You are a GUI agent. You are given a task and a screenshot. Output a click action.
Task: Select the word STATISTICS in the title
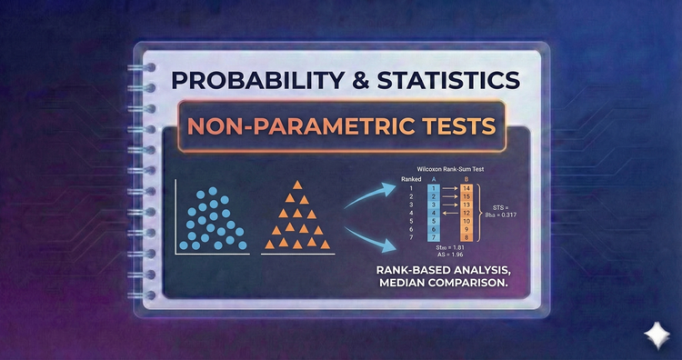tap(451, 79)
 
